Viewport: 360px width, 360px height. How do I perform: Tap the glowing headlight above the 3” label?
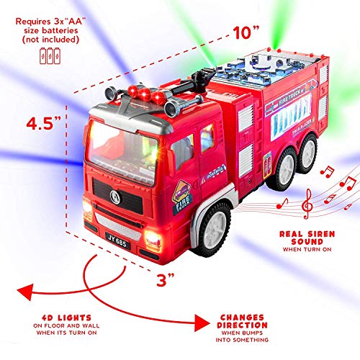153,238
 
